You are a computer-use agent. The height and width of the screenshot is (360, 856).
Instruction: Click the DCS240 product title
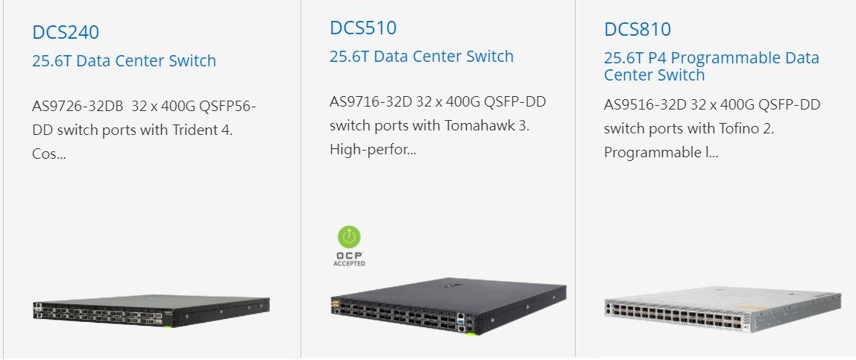[66, 32]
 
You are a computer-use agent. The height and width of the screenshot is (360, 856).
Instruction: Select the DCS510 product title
[363, 28]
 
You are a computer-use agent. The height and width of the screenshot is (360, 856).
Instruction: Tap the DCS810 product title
[637, 29]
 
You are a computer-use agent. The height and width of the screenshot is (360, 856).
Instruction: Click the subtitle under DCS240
[124, 60]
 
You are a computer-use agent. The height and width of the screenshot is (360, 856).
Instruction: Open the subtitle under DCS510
[421, 56]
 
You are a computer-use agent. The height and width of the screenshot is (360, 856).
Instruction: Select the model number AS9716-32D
[371, 101]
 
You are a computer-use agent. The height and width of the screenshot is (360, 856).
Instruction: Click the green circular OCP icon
[349, 237]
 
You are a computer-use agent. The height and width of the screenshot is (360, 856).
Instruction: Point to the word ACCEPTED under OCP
[349, 264]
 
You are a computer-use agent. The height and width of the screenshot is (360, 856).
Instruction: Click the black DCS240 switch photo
[151, 312]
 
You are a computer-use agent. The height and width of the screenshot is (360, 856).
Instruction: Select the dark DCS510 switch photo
[448, 306]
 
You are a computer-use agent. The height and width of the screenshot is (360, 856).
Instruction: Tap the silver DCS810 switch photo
[723, 309]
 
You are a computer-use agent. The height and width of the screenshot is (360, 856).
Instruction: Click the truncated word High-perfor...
[373, 150]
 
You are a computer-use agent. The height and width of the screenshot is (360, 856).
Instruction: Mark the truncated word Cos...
[49, 154]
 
